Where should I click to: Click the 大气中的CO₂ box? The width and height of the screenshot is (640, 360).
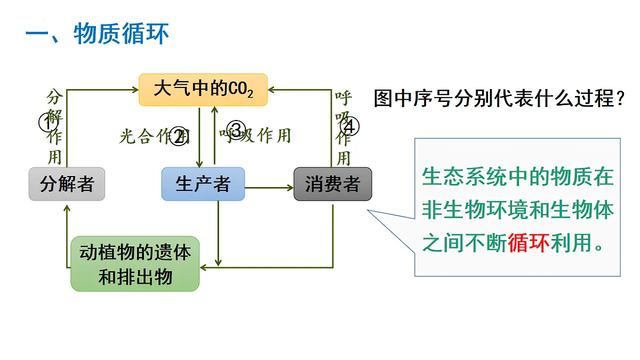tap(203, 90)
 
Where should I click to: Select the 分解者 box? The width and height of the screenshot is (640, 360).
tap(67, 184)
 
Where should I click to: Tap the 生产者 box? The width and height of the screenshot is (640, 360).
tap(203, 184)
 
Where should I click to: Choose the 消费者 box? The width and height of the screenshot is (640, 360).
tap(332, 184)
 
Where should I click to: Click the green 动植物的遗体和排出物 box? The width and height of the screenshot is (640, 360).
tap(135, 264)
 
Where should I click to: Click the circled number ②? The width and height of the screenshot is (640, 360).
tap(180, 136)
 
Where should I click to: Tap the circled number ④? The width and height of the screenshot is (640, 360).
tap(350, 126)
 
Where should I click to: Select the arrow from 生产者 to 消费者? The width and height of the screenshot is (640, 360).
tap(269, 187)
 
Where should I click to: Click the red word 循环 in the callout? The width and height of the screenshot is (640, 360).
tap(528, 243)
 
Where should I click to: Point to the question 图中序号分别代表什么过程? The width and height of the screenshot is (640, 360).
tap(499, 98)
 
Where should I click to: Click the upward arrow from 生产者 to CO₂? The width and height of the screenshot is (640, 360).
tap(214, 136)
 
